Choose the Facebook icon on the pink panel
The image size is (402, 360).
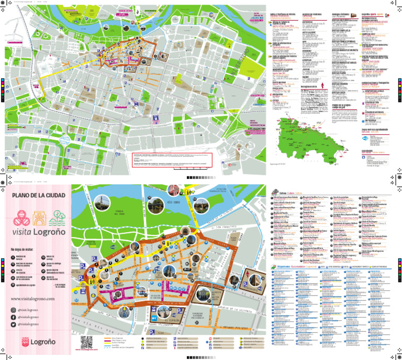(14, 317)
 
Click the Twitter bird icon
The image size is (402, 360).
(14, 324)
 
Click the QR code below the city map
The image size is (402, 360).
(87, 342)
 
